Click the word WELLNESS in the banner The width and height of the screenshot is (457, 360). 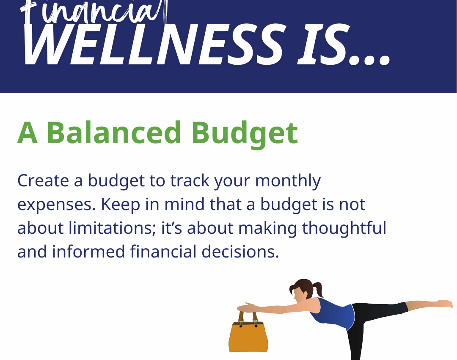[x=153, y=44]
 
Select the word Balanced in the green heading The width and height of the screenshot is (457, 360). [x=114, y=133]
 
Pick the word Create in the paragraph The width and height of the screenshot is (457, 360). [x=43, y=180]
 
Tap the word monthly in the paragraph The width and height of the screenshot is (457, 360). [x=288, y=181]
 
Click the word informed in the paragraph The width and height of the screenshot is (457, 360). [x=88, y=252]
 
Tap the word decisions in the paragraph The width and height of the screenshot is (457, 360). [x=240, y=252]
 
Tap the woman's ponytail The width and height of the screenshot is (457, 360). [x=318, y=288]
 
